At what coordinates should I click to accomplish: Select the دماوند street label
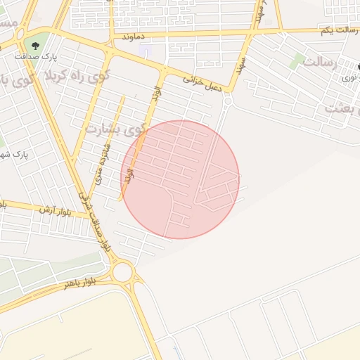point(132,35)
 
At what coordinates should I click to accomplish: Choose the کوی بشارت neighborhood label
point(115,129)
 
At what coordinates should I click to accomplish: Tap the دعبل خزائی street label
point(203,81)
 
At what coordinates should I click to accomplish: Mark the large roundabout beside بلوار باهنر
point(122,272)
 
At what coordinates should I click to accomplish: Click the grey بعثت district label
point(343,108)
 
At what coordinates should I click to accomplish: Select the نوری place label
point(349,77)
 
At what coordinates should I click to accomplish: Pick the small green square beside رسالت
point(298,60)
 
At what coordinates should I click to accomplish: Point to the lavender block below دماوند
point(146,51)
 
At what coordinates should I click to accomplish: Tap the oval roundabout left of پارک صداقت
point(19,34)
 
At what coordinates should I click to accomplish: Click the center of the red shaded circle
point(181,179)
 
